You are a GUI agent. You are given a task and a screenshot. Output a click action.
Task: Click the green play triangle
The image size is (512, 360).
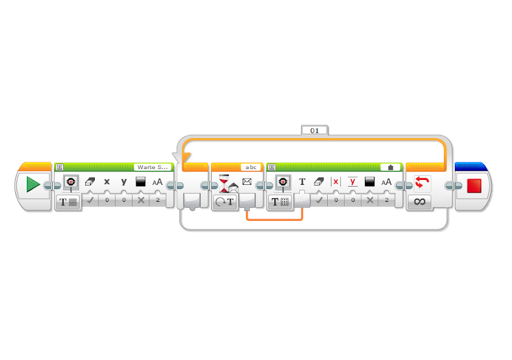pos(33,185)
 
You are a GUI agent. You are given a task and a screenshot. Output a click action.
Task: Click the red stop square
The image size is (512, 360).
pos(474,185)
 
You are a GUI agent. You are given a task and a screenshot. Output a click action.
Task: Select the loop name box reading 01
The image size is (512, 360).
pos(314,130)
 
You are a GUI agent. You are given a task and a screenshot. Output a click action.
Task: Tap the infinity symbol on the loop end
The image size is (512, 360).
pos(420,201)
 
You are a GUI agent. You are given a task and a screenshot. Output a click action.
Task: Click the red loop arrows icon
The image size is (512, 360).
pos(422,183)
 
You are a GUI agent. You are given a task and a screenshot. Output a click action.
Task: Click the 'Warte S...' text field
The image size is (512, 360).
pos(153,167)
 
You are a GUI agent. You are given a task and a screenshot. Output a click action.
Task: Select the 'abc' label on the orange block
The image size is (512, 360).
pos(251,167)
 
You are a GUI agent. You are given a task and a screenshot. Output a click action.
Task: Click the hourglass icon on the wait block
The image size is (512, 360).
pos(224,183)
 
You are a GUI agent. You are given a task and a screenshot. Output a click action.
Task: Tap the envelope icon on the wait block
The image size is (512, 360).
pos(247,182)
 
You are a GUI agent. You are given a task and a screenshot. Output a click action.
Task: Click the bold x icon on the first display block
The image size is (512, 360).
pos(107,182)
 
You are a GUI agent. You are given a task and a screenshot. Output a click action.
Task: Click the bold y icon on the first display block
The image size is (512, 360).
pos(124,182)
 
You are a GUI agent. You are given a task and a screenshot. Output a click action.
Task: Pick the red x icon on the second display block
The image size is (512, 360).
pos(336,182)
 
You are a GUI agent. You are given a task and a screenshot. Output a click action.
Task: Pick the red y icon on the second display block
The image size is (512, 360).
pos(353,182)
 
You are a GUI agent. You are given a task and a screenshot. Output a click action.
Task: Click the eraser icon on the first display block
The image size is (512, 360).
pos(90,182)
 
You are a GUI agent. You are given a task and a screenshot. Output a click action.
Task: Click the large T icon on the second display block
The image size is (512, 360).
pos(302,182)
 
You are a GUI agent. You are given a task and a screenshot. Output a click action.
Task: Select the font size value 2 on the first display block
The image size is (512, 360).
pos(157,200)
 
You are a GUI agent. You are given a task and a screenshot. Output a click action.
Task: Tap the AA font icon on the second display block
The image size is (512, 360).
pos(386,182)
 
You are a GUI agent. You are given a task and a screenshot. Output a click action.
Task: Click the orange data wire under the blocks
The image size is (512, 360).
pos(275,219)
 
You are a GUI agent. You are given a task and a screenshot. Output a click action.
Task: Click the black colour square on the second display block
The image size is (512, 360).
pos(369,182)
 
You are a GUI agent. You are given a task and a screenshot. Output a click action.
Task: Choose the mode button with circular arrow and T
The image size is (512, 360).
pos(224,202)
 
